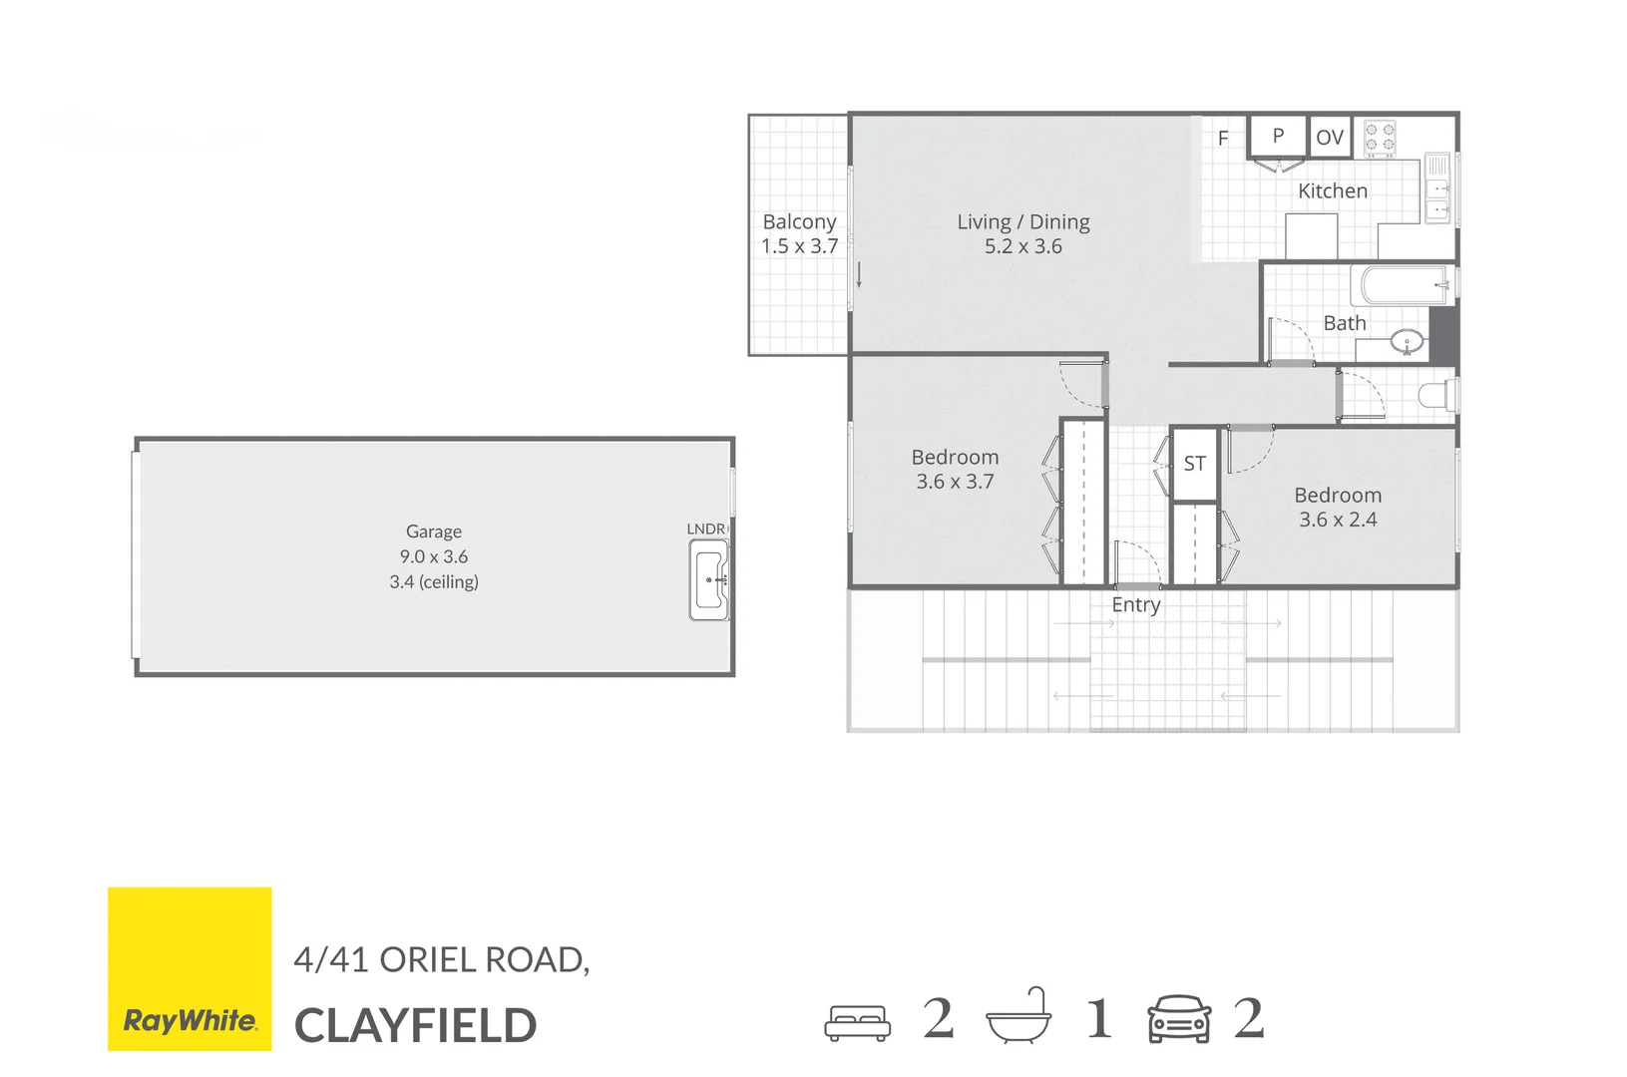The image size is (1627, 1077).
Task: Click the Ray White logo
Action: click(190, 968)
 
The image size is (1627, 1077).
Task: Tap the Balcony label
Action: click(799, 221)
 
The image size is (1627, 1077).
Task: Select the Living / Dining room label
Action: click(1022, 221)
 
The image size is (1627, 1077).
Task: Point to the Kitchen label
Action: click(1332, 190)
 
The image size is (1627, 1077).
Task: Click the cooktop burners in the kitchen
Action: click(1380, 138)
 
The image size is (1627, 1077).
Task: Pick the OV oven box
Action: click(1330, 138)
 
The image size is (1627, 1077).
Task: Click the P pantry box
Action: click(1278, 136)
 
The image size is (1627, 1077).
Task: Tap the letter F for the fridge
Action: click(1223, 139)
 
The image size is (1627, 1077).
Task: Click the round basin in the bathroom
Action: click(1408, 343)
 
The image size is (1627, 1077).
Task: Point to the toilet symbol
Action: click(1437, 396)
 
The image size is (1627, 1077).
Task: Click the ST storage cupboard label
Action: click(1194, 464)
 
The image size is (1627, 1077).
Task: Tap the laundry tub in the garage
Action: click(709, 579)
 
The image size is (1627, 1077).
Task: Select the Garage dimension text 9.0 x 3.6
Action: click(434, 556)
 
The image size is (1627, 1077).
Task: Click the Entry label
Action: click(1136, 604)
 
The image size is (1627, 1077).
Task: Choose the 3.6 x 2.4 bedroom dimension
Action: click(1338, 520)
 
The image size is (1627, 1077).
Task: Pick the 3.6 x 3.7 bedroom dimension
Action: click(955, 482)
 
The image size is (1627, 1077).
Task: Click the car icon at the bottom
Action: click(1179, 1019)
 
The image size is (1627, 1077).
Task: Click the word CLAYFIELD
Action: click(415, 1025)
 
